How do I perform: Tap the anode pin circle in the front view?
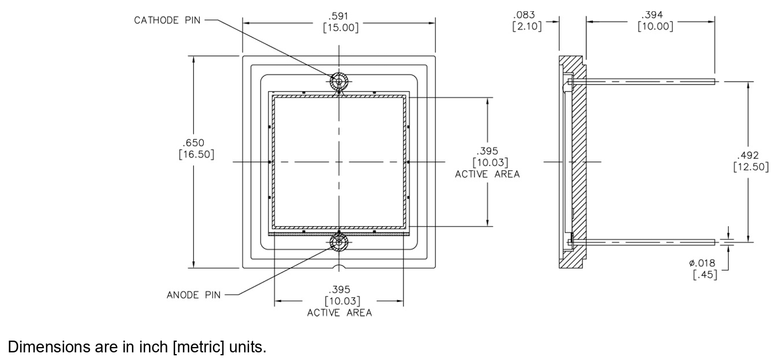(339, 241)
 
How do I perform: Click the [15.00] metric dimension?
(339, 28)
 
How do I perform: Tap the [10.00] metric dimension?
(655, 26)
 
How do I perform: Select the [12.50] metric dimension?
(750, 166)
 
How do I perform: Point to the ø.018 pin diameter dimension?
(703, 263)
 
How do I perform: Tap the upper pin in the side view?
(646, 82)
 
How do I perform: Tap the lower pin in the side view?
(646, 241)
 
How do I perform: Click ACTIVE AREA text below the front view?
(339, 312)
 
